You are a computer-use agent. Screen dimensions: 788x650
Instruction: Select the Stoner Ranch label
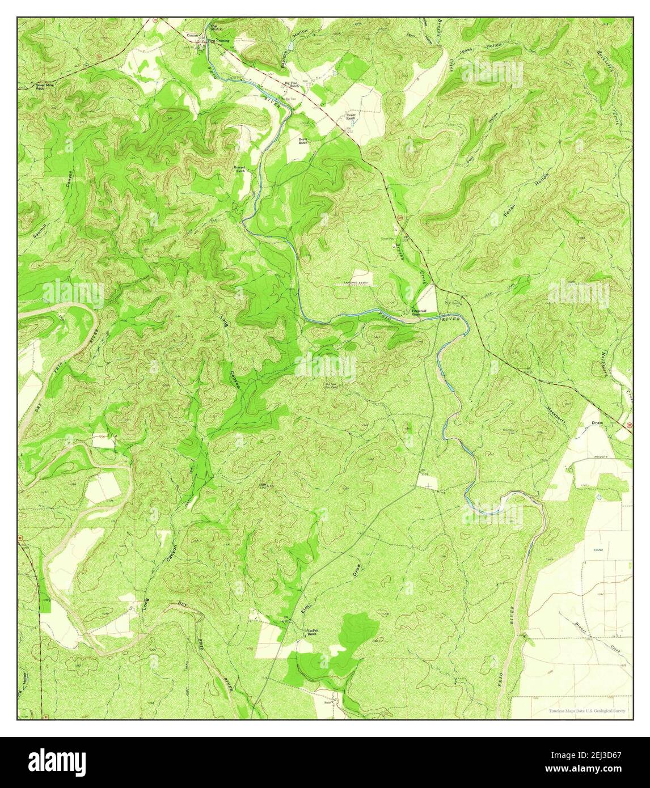point(352,117)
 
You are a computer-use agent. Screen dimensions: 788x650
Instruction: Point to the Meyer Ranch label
point(304,141)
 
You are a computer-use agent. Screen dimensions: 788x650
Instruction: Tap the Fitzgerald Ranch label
point(419,312)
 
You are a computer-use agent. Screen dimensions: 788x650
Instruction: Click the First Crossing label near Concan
point(218,41)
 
